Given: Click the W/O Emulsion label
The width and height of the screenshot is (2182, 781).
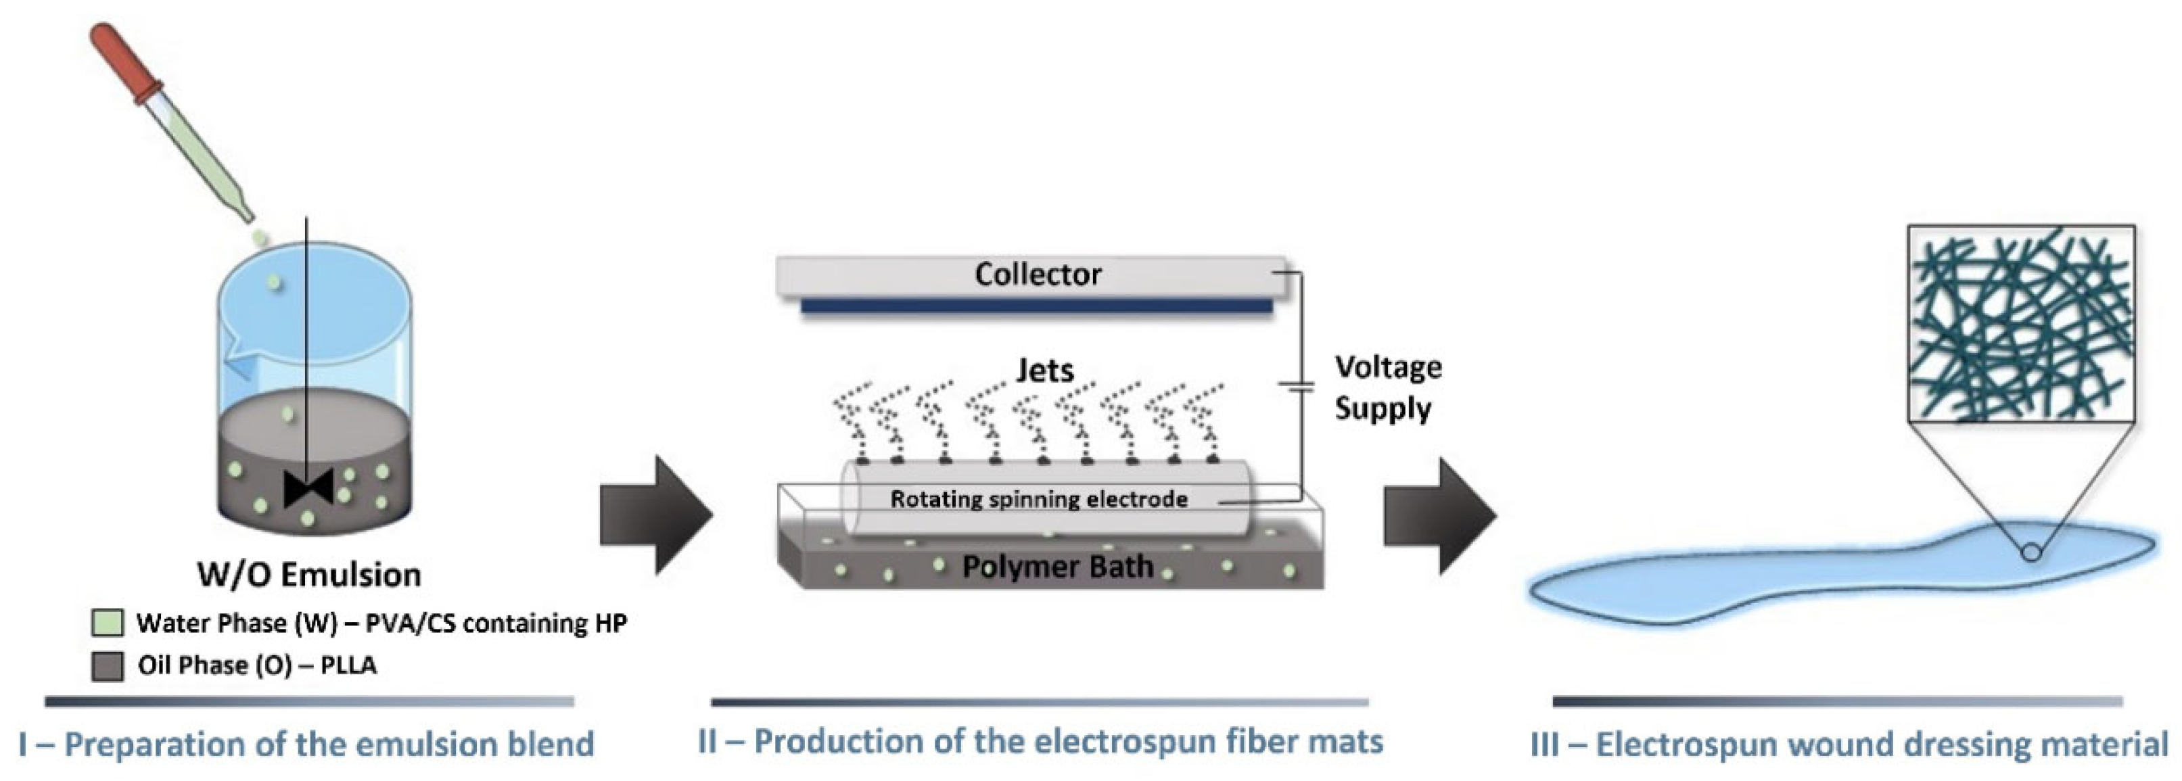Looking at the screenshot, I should point(309,575).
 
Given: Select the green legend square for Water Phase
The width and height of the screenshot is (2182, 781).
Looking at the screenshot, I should point(108,623).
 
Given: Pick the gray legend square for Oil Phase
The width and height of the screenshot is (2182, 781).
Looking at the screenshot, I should point(108,666).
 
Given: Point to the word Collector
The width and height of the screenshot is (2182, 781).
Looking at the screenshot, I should point(1038,275).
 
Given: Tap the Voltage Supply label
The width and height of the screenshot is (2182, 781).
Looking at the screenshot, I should point(1387,388).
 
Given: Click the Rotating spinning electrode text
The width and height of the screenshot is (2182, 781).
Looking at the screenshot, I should point(1038,499).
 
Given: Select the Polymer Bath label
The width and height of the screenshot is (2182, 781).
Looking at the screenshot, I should point(1057,566).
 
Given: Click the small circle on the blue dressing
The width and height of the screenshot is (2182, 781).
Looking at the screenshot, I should point(2031,553).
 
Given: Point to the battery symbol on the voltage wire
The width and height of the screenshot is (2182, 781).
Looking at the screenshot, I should point(1296,387).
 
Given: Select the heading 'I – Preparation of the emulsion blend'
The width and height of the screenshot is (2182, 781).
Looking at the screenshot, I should point(306,744).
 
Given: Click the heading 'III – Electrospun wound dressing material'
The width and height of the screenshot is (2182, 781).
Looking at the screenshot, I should point(1849,744).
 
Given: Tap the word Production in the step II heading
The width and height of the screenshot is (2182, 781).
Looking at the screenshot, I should point(838,741).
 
